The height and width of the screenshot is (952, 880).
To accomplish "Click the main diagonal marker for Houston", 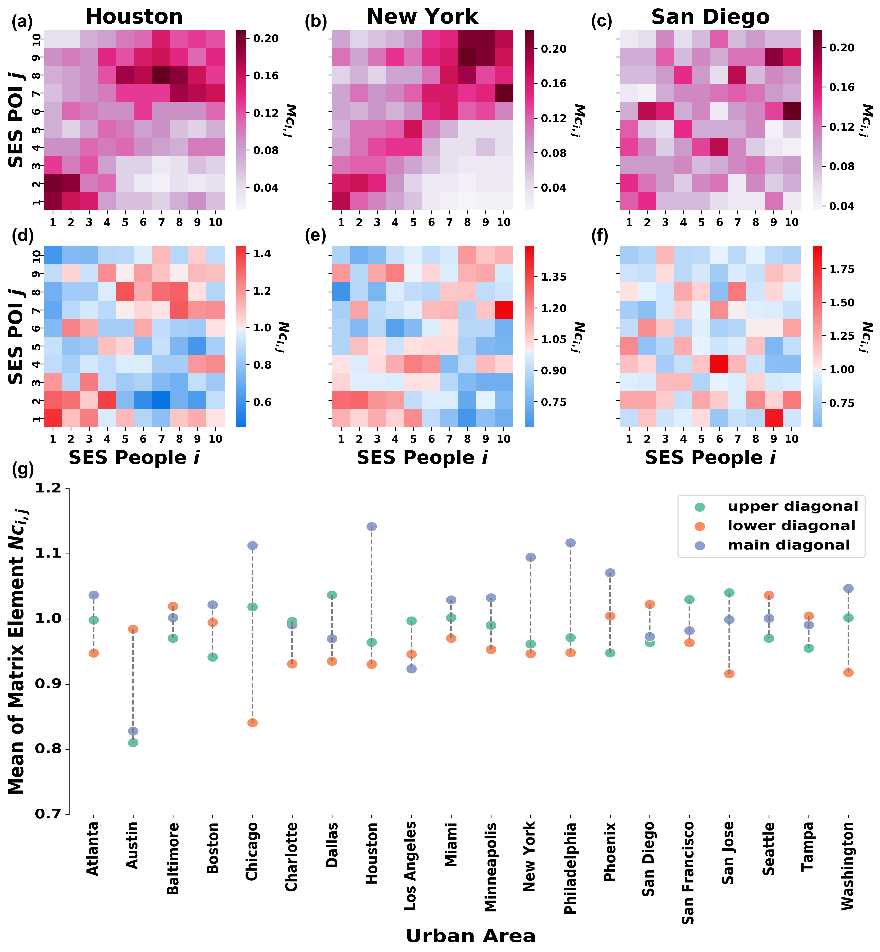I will [x=371, y=526].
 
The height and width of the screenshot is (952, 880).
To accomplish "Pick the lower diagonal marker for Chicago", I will [x=252, y=723].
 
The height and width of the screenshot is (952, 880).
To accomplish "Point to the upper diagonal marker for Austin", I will [x=133, y=742].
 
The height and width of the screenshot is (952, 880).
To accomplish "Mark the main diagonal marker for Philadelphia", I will [x=570, y=543].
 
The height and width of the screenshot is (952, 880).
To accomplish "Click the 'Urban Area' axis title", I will [x=470, y=936].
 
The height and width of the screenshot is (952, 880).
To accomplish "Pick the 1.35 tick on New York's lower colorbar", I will [x=553, y=277].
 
